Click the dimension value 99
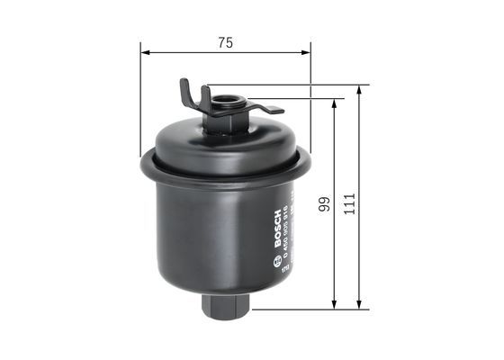321,205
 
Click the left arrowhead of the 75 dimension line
145,52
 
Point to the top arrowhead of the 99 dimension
335,103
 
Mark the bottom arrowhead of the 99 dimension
335,307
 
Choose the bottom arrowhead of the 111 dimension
360,307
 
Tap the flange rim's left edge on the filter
145,166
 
